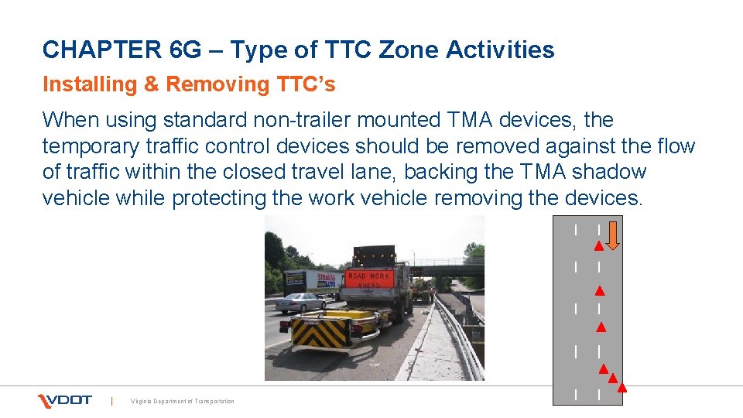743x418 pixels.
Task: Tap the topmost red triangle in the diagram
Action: tap(598, 247)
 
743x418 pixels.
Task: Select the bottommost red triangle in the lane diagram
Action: tap(621, 388)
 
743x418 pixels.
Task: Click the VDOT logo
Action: tap(65, 400)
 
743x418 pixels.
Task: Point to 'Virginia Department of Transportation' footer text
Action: tap(183, 401)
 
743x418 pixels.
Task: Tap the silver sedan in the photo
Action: tap(300, 302)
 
